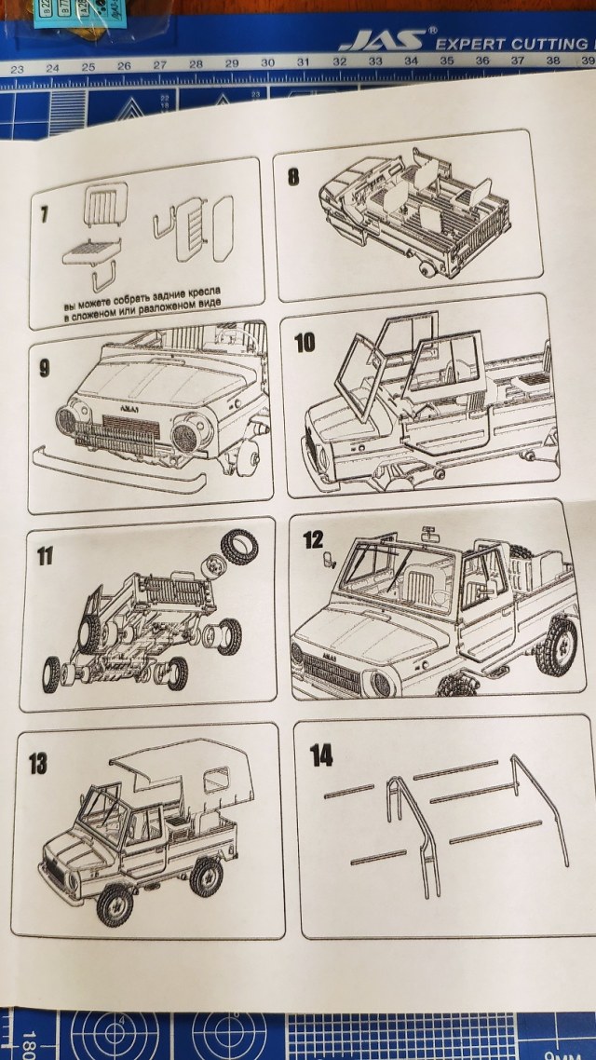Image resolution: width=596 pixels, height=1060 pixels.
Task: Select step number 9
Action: [44, 367]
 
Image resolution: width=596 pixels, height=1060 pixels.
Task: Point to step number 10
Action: [304, 343]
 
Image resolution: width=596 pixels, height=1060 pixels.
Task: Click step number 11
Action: [45, 558]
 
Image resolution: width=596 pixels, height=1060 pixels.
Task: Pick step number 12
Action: [313, 539]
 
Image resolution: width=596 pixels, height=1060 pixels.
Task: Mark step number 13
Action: [38, 764]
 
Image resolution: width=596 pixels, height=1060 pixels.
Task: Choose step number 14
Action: [321, 755]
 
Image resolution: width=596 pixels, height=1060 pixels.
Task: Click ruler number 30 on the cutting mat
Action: [267, 63]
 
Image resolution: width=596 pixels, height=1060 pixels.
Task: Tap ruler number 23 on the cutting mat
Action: [17, 69]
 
